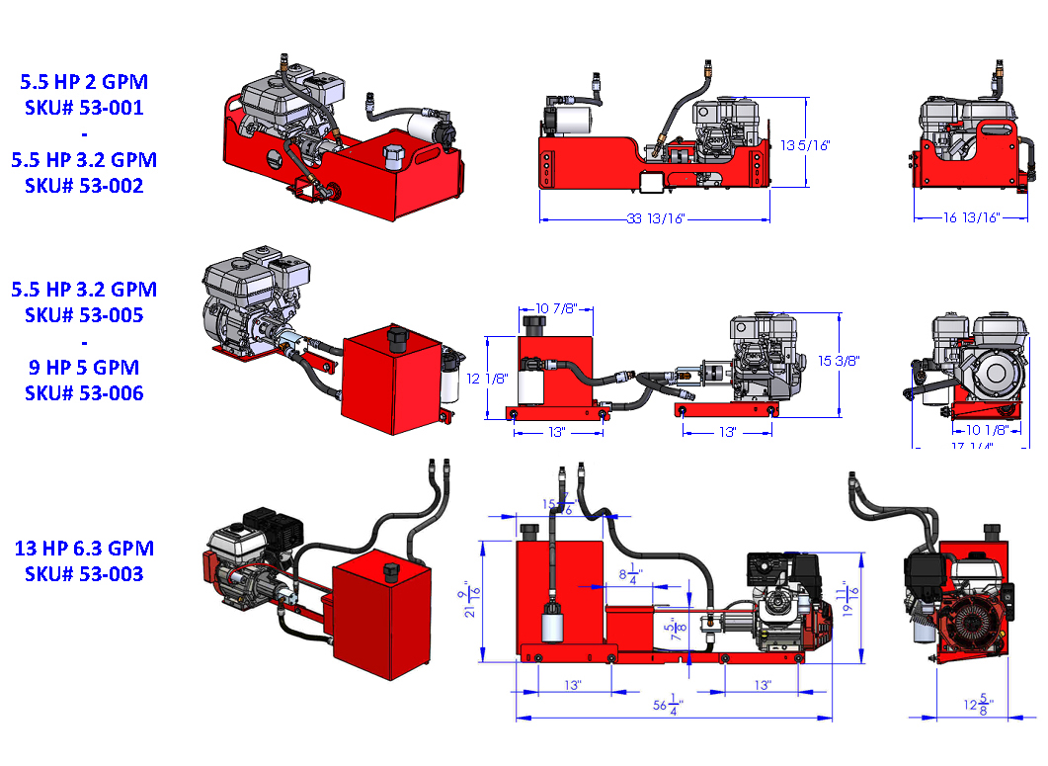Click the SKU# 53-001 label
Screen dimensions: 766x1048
(x=84, y=108)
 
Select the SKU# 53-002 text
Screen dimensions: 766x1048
(x=84, y=185)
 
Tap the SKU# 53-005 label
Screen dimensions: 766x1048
(x=84, y=315)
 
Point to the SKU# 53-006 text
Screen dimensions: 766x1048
(x=84, y=392)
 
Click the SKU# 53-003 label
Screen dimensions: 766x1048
(x=84, y=573)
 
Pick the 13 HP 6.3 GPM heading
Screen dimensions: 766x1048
(x=84, y=548)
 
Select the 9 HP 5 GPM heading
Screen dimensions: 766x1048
(x=84, y=367)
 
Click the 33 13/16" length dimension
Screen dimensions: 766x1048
(x=653, y=218)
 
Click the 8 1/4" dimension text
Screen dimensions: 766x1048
(x=631, y=573)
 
